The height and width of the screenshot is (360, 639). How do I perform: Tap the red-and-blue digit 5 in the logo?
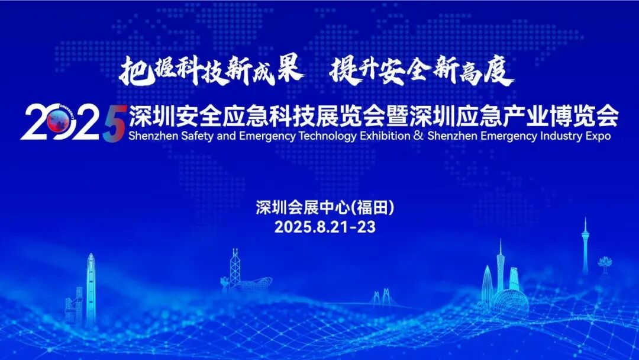[x=113, y=123]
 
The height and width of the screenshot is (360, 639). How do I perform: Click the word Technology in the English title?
[x=325, y=136]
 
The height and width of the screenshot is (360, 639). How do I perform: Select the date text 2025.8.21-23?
[x=325, y=227]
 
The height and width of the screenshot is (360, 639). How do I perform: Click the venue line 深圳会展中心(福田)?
[x=325, y=207]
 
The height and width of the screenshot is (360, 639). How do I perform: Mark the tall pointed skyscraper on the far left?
[x=91, y=290]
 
